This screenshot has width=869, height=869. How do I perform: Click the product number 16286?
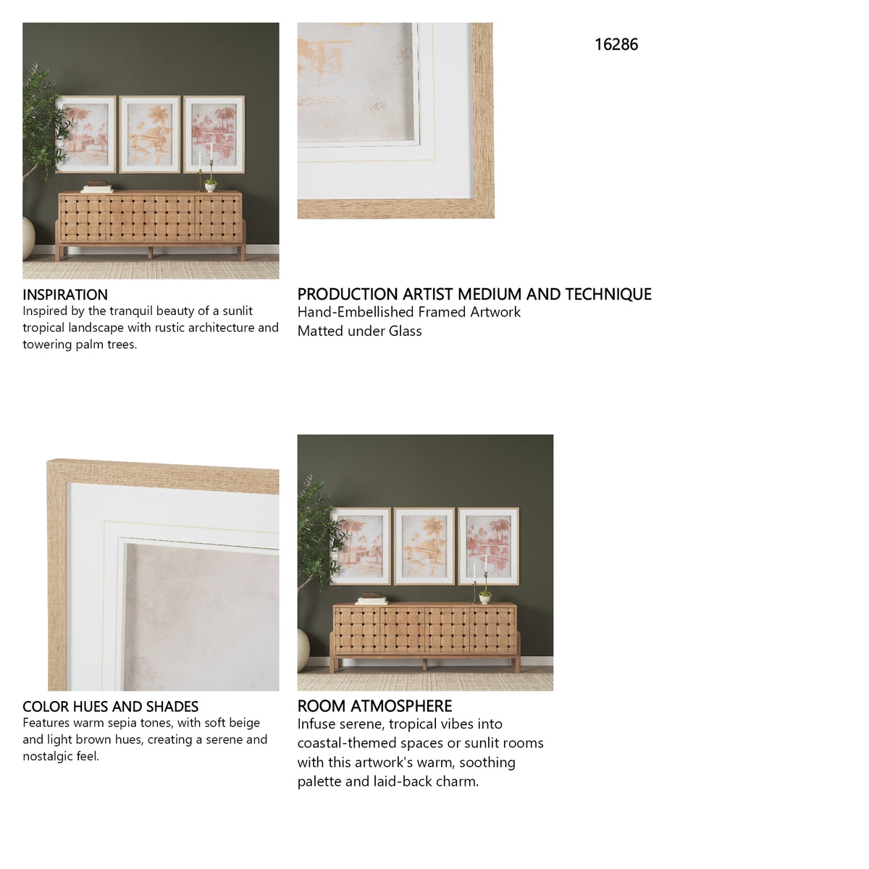pyautogui.click(x=616, y=45)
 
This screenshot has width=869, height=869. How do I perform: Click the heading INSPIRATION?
pyautogui.click(x=65, y=295)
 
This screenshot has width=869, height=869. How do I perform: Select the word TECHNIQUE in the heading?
pyautogui.click(x=608, y=294)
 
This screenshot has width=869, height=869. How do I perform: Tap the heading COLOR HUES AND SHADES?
pyautogui.click(x=111, y=706)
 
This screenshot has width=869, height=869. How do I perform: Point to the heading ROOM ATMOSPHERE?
pyautogui.click(x=374, y=706)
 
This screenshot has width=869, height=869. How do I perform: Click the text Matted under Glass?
pyautogui.click(x=360, y=331)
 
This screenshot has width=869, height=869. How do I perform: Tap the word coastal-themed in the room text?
pyautogui.click(x=341, y=743)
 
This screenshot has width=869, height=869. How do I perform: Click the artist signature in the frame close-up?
pyautogui.click(x=378, y=106)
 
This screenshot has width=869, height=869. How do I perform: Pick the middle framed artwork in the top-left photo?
pyautogui.click(x=150, y=135)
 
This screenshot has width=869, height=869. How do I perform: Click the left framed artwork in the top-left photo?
pyautogui.click(x=86, y=135)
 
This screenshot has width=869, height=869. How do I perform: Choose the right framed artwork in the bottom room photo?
pyautogui.click(x=488, y=546)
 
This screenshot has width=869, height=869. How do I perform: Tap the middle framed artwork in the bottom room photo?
pyautogui.click(x=424, y=546)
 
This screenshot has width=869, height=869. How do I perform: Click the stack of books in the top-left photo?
pyautogui.click(x=97, y=188)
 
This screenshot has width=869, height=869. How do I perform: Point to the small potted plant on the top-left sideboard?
pyautogui.click(x=210, y=185)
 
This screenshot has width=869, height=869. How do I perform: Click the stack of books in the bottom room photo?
pyautogui.click(x=371, y=599)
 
